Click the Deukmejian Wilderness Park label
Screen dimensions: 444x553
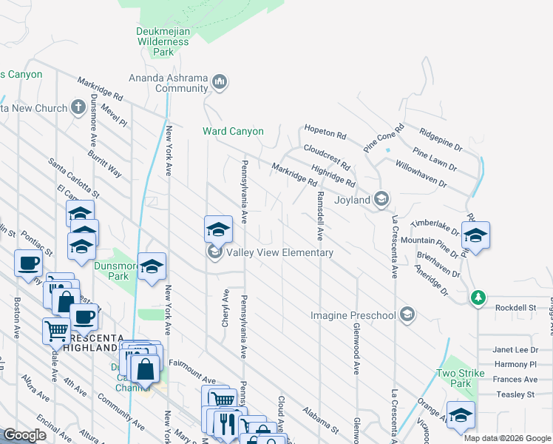pyautogui.click(x=163, y=41)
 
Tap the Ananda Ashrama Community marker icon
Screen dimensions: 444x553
pyautogui.click(x=220, y=82)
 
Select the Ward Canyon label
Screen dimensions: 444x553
pyautogui.click(x=233, y=132)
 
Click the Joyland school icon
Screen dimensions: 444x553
pyautogui.click(x=381, y=198)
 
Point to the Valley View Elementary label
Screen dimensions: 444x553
pyautogui.click(x=279, y=252)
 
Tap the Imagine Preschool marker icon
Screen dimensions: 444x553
pyautogui.click(x=406, y=315)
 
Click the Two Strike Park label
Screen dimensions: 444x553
pyautogui.click(x=454, y=378)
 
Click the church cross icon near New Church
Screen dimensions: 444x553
pyautogui.click(x=79, y=108)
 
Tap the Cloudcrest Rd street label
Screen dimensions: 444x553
pyautogui.click(x=325, y=154)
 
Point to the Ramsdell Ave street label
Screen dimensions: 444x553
pyautogui.click(x=320, y=216)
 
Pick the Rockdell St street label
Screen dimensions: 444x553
pyautogui.click(x=516, y=307)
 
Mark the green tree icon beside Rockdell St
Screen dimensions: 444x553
pyautogui.click(x=478, y=297)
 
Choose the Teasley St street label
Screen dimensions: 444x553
pyautogui.click(x=516, y=394)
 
